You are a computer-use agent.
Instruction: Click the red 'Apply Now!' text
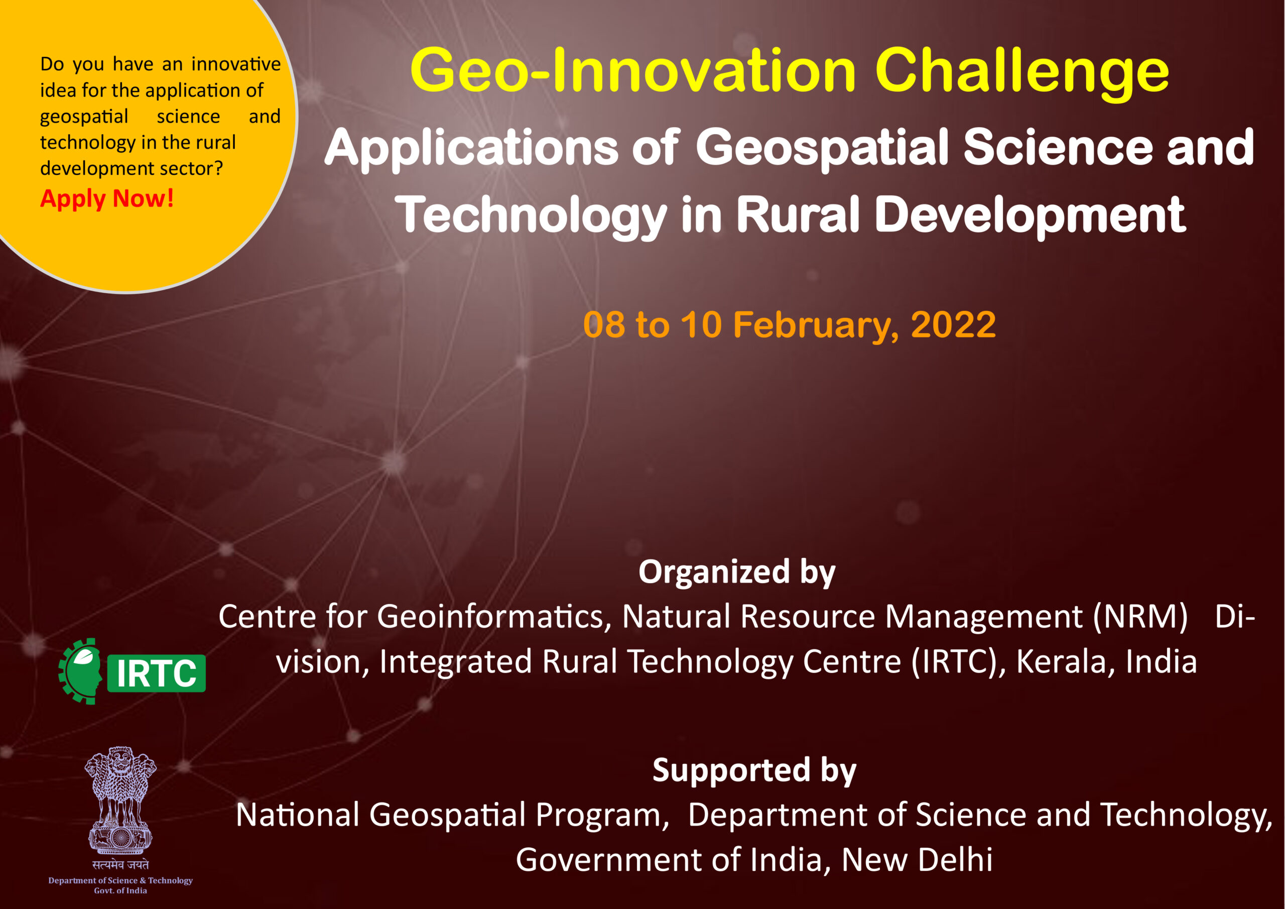(x=107, y=199)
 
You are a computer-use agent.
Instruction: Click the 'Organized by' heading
(x=737, y=573)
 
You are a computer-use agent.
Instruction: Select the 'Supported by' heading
(x=754, y=771)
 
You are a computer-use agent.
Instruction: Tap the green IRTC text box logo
(x=156, y=673)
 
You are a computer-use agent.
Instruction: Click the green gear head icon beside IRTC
(x=80, y=671)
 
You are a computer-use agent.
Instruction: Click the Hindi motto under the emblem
(x=120, y=865)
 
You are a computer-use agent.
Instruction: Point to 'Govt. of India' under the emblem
(x=120, y=890)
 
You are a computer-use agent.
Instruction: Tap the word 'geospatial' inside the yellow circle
(x=84, y=117)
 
